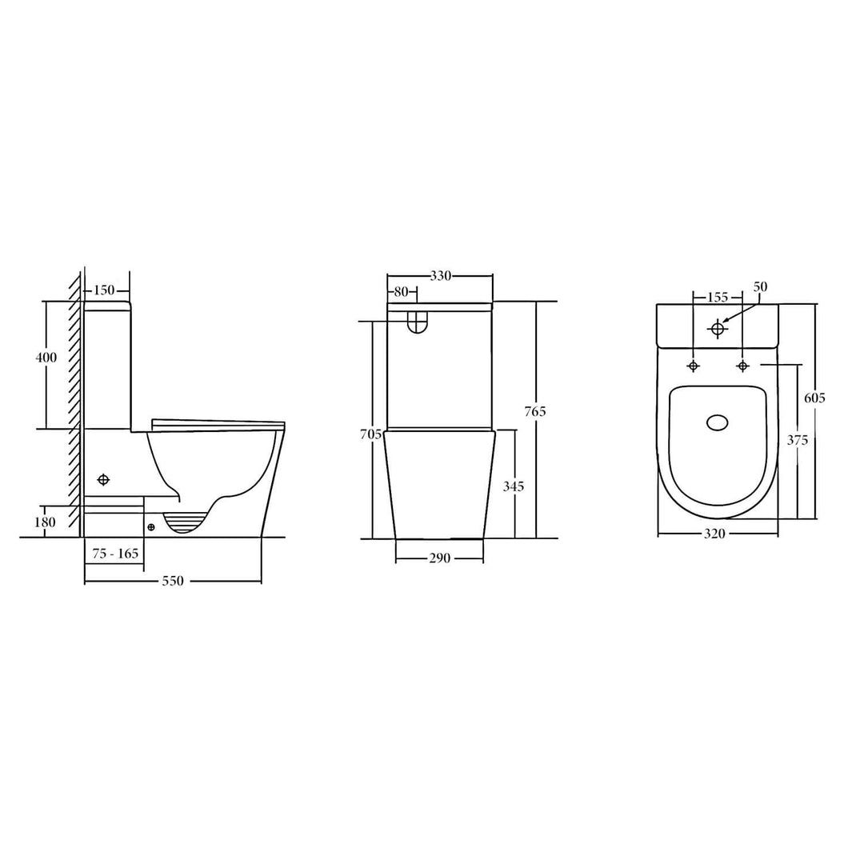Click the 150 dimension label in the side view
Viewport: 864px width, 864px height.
[106, 290]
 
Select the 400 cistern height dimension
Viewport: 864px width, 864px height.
[46, 358]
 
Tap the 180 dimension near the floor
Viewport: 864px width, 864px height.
[46, 522]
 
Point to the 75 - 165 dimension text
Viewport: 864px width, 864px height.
[115, 554]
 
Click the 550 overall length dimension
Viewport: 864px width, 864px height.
[173, 582]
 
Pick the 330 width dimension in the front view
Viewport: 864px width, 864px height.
[441, 276]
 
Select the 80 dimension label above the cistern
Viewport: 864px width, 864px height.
[401, 291]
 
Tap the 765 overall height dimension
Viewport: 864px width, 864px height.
[534, 411]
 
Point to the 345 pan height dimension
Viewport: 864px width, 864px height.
[513, 486]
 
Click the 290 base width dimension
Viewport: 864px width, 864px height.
[439, 558]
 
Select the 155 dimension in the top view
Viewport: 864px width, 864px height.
[718, 297]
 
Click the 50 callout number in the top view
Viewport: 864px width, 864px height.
[760, 286]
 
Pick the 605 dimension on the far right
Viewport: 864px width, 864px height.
[815, 398]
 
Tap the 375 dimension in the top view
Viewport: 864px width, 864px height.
[798, 439]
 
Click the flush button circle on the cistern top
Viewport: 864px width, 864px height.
[718, 328]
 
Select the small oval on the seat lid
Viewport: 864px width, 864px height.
[718, 422]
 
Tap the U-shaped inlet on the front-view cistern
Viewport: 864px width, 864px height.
[416, 322]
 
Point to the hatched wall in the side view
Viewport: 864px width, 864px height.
[74, 400]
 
